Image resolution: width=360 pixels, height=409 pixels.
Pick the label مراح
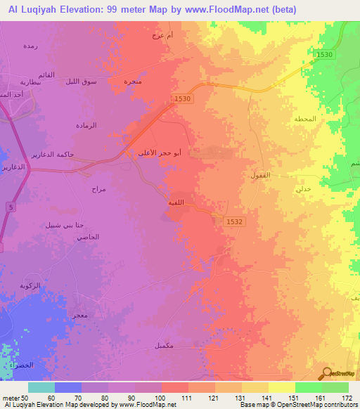(98, 190)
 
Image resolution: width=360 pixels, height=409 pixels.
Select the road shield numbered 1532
(235, 221)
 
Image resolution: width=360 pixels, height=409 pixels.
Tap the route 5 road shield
(11, 206)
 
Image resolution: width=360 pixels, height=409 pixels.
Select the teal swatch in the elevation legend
(41, 387)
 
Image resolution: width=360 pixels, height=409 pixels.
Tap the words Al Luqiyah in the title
(36, 9)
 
